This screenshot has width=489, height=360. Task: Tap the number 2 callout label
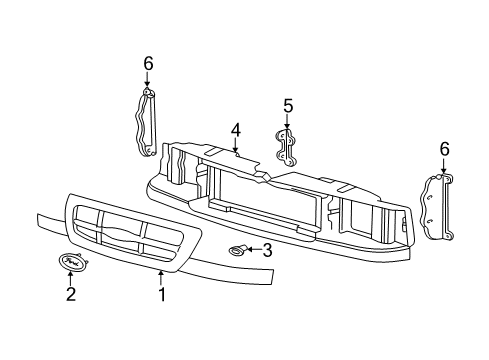point(70,294)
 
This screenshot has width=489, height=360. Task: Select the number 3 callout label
point(267,250)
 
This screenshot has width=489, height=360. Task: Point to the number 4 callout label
point(235,129)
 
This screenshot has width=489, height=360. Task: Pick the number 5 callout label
point(287,105)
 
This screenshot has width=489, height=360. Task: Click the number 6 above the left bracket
point(148,64)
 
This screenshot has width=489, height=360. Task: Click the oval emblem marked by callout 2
point(71,263)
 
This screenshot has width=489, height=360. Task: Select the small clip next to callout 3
point(239,250)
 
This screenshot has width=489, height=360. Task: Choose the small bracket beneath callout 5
point(286,145)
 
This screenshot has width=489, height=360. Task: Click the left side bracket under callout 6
point(146,122)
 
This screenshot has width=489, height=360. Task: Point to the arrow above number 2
point(71,279)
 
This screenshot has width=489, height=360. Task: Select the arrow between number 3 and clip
point(254,250)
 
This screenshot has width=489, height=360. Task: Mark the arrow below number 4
point(236,146)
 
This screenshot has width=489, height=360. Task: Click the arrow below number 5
point(287,121)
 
